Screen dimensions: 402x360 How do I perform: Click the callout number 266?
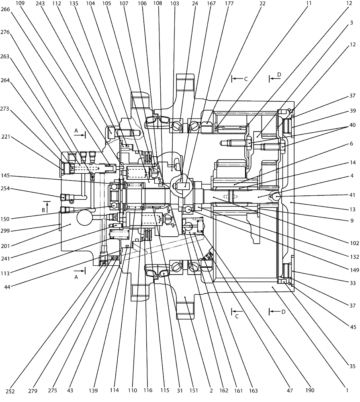tap(6, 13)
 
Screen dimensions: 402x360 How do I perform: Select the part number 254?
tap(6, 188)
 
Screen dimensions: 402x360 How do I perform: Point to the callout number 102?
tap(352, 242)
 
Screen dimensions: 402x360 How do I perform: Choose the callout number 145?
tap(6, 175)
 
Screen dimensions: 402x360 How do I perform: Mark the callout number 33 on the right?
tap(352, 283)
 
